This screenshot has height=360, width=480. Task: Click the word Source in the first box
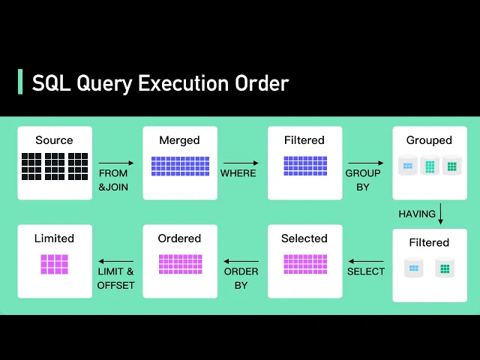(54, 140)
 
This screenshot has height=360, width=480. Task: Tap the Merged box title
(179, 140)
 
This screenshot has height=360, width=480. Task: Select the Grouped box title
(429, 140)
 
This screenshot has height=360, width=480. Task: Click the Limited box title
(54, 238)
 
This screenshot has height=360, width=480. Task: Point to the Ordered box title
(179, 238)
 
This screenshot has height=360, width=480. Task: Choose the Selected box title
(304, 238)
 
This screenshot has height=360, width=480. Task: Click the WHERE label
(238, 173)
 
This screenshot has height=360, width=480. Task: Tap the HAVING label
(417, 214)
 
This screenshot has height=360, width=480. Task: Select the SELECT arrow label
(366, 271)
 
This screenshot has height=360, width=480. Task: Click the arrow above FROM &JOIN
(116, 163)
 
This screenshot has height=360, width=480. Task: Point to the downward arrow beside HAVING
(440, 214)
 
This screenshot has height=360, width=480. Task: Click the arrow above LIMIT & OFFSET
(116, 262)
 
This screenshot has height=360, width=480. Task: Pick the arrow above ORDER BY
(241, 262)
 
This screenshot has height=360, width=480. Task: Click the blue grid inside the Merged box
(180, 166)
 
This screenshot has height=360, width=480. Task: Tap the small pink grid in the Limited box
(55, 264)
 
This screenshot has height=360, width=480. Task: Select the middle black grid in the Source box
(55, 166)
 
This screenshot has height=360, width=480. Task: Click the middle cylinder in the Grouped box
(430, 165)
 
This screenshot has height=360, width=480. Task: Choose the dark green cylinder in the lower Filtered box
(445, 268)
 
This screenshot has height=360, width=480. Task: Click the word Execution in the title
(183, 83)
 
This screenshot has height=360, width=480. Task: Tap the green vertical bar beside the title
(20, 82)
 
